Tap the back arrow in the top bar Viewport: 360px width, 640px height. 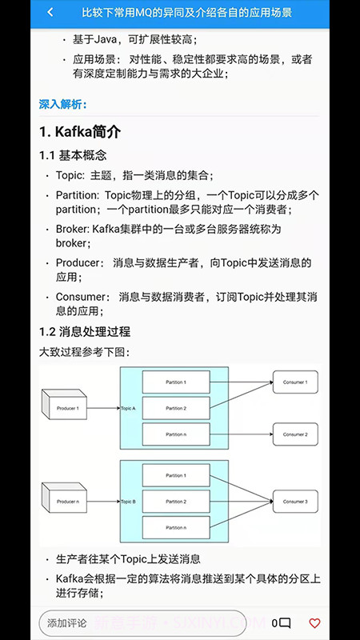click(x=50, y=13)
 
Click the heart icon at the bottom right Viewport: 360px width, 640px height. click(x=314, y=622)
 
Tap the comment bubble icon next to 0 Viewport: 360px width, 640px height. click(x=285, y=623)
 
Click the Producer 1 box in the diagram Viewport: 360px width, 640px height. click(x=67, y=409)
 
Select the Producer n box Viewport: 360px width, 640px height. click(x=67, y=502)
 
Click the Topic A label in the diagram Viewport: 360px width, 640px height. click(x=128, y=409)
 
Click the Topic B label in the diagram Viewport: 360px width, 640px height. click(x=128, y=502)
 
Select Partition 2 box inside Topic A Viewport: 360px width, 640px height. click(x=176, y=409)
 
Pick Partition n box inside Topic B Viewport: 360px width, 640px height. click(x=176, y=527)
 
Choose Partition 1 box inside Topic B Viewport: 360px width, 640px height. click(x=176, y=476)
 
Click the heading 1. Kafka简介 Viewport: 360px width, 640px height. click(x=80, y=131)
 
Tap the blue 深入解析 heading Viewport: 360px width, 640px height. click(x=63, y=104)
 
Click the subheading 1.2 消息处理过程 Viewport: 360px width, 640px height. click(x=85, y=331)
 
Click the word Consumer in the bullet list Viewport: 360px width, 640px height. click(x=79, y=297)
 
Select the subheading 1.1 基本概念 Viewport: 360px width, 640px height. click(x=73, y=155)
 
